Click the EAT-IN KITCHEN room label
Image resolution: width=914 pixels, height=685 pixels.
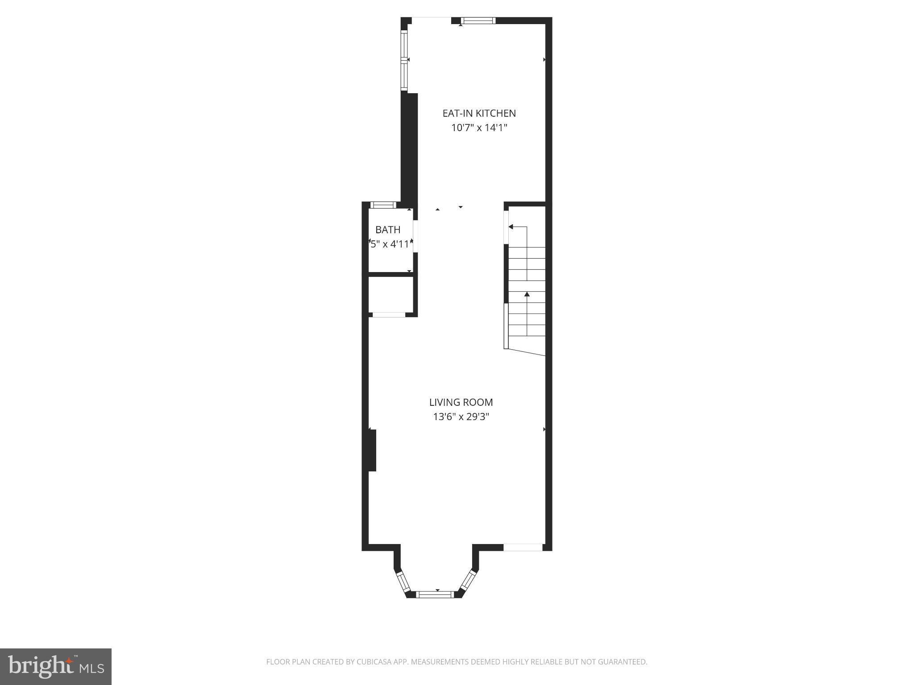[x=479, y=113]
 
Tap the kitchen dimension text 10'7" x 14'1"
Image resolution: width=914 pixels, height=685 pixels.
[x=479, y=128]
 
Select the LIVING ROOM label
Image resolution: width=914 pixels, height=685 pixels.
[x=461, y=402]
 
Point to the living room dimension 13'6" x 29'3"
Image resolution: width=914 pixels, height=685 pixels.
[x=461, y=417]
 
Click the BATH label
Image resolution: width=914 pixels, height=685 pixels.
[x=388, y=230]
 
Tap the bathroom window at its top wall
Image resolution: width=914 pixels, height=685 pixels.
[x=383, y=205]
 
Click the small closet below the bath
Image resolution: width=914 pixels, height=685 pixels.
[x=390, y=295]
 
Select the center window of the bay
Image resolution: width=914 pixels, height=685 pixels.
[x=435, y=594]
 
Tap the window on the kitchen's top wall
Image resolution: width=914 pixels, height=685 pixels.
[x=478, y=21]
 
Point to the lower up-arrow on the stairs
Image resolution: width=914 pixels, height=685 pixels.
[x=527, y=294]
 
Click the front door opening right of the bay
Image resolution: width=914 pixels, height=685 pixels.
[x=523, y=547]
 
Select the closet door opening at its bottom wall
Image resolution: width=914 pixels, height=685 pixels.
[x=389, y=315]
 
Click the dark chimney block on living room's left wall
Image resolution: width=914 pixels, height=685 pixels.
[x=372, y=450]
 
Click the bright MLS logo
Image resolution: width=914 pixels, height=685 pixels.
[x=56, y=667]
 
